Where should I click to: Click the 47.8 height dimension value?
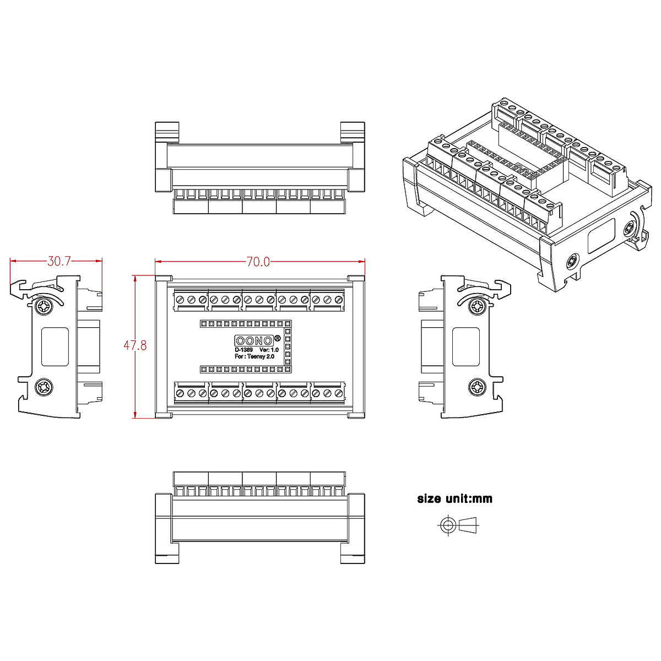pyautogui.click(x=135, y=346)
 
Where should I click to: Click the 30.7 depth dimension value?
pyautogui.click(x=59, y=261)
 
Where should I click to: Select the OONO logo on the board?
pyautogui.click(x=254, y=340)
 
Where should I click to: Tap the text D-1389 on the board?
pyautogui.click(x=243, y=350)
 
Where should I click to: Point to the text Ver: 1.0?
pyautogui.click(x=269, y=350)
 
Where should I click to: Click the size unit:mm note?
pyautogui.click(x=455, y=499)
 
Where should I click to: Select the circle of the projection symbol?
pyautogui.click(x=447, y=524)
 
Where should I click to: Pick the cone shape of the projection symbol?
pyautogui.click(x=469, y=524)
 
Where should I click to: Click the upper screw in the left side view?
pyautogui.click(x=44, y=306)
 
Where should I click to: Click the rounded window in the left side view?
pyautogui.click(x=55, y=346)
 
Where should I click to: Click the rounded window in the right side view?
pyautogui.click(x=466, y=346)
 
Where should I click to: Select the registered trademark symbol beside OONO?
pyautogui.click(x=277, y=337)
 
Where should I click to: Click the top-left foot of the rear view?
pyautogui.click(x=167, y=131)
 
